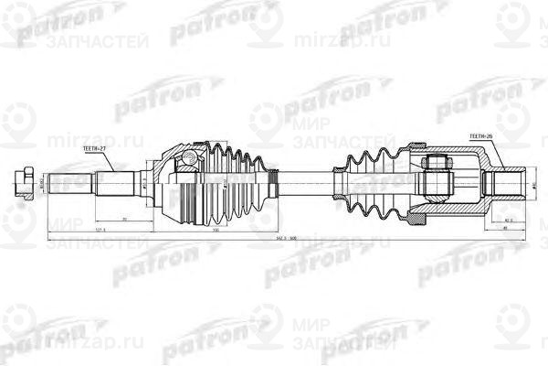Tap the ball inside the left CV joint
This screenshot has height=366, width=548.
[x=188, y=161]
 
